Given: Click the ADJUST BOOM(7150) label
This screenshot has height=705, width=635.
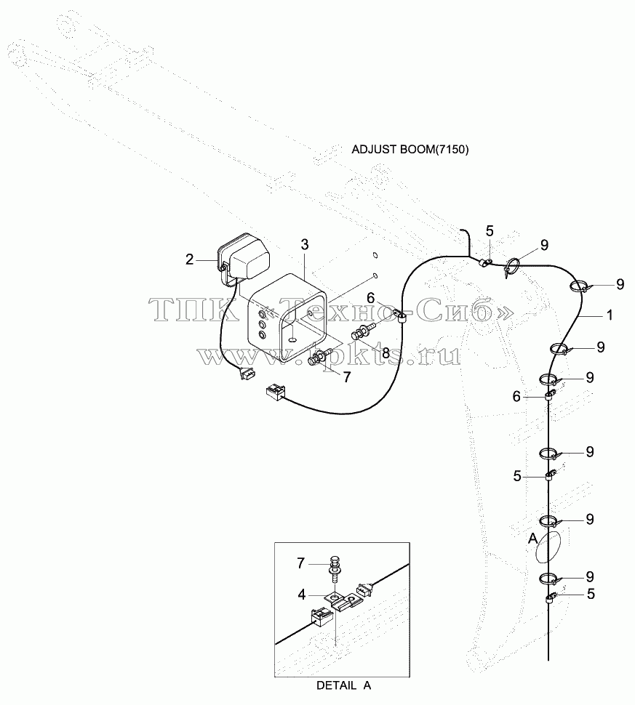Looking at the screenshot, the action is (410, 150).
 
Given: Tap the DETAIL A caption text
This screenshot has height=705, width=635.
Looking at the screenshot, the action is (344, 685).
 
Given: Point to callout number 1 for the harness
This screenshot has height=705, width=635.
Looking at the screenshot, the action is (610, 315).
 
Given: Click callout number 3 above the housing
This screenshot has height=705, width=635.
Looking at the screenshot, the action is (305, 245).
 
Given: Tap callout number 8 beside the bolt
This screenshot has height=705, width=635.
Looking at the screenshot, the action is (386, 353).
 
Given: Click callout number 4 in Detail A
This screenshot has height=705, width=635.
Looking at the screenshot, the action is (302, 595).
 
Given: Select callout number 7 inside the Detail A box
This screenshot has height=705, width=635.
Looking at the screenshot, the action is (301, 563).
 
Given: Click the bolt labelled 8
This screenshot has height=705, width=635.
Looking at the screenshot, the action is (364, 332).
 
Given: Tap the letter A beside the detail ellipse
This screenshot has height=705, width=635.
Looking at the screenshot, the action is (532, 538).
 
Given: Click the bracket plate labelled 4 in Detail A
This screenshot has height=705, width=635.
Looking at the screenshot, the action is (343, 600).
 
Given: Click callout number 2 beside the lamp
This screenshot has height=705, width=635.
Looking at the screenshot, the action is (189, 259).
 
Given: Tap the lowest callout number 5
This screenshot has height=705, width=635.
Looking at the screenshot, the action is (591, 594).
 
